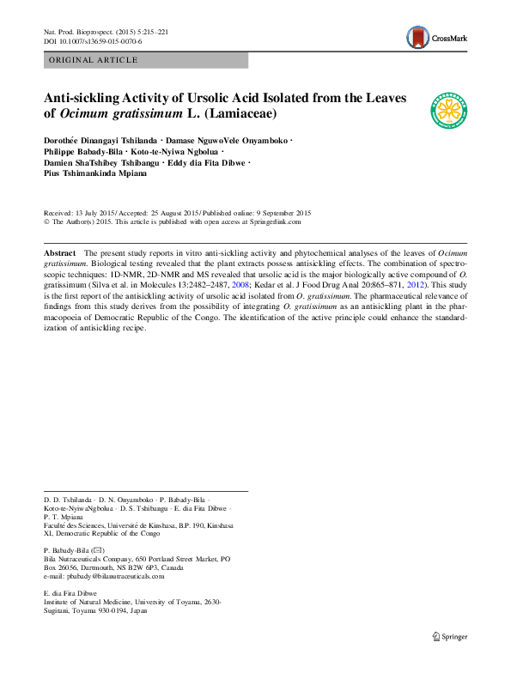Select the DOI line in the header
93,41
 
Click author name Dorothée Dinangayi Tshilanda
100,139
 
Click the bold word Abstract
59,254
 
